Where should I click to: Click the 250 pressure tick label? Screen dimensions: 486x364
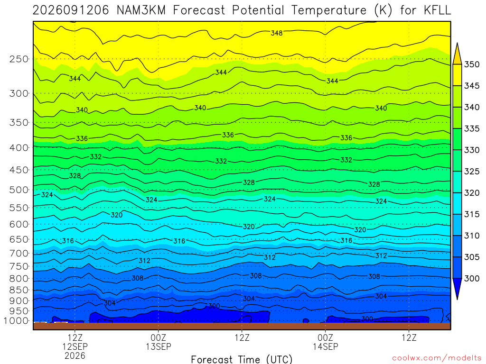(x=19, y=59)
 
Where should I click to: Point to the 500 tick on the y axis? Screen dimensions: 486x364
(x=19, y=190)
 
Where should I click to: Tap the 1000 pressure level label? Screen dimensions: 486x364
(x=17, y=321)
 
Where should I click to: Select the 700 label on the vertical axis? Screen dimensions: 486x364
(x=19, y=254)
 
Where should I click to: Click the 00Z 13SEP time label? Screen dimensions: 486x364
(x=159, y=342)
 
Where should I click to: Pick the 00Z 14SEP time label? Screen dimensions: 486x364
(x=326, y=342)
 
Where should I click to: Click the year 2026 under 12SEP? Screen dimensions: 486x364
(x=75, y=355)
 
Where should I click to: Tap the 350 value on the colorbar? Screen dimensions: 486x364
(x=472, y=64)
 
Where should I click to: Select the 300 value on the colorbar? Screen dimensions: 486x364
(x=472, y=278)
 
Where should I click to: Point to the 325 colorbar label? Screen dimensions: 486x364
(x=472, y=172)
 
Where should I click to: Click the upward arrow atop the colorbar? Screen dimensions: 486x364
(x=457, y=53)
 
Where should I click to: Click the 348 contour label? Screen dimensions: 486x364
(x=277, y=33)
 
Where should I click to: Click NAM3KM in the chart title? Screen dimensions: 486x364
(x=141, y=10)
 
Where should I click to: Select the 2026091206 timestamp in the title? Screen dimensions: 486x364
(x=71, y=10)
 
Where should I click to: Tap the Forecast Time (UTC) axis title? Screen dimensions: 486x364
(x=242, y=359)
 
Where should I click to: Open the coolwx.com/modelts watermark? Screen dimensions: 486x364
(x=437, y=358)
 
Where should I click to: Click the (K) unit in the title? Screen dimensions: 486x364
(x=383, y=10)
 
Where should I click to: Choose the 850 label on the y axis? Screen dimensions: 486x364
(x=19, y=290)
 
